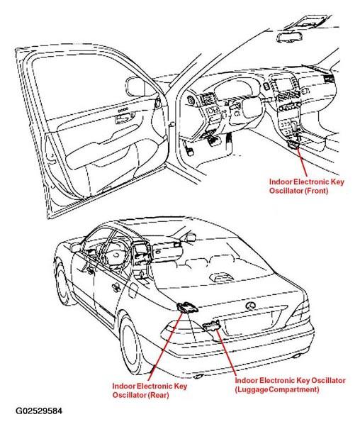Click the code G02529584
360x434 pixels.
(x=39, y=411)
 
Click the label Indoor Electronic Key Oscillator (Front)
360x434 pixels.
(x=307, y=187)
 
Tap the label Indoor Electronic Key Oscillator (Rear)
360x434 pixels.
(x=150, y=390)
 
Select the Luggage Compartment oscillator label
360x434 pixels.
(x=290, y=385)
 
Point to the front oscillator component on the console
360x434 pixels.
(x=294, y=144)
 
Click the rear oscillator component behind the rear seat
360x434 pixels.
(x=186, y=307)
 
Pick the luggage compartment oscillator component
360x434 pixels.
(x=211, y=325)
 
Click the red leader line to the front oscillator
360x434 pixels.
(x=302, y=162)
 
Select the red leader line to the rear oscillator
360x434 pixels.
(x=165, y=346)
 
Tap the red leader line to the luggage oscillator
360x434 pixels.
(x=226, y=352)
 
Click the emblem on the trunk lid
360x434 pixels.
(x=250, y=306)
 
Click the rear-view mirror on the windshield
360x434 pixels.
(x=291, y=38)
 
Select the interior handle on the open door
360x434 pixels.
(x=125, y=117)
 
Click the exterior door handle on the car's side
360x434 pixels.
(x=116, y=288)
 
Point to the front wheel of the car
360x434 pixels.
(x=63, y=282)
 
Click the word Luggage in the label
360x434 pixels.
(x=252, y=390)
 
